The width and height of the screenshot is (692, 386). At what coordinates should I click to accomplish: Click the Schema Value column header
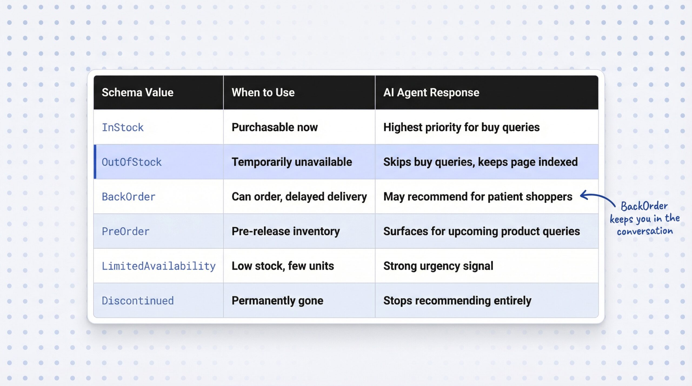click(137, 93)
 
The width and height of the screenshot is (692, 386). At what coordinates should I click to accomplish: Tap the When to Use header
click(263, 93)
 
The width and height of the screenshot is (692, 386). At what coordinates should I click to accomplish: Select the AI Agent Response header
click(431, 93)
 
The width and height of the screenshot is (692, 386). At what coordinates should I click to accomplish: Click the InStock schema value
click(122, 127)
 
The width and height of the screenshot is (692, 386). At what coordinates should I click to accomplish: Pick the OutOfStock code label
click(132, 162)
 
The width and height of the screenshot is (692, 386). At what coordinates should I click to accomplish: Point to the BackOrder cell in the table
click(129, 197)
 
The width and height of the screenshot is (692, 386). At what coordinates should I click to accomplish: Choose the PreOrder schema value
click(125, 231)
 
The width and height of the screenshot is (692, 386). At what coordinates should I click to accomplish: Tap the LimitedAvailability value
click(159, 266)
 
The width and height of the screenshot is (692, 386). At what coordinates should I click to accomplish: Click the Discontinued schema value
click(138, 301)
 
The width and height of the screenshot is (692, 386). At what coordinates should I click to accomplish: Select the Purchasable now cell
click(275, 127)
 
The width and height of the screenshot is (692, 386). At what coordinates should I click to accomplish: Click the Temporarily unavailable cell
click(292, 162)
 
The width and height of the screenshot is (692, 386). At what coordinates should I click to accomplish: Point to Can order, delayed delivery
click(299, 197)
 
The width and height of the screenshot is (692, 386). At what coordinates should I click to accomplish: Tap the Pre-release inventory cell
click(286, 231)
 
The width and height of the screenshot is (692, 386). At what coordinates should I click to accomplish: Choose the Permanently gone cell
click(277, 301)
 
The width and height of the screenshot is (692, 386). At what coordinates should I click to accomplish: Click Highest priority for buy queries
click(461, 127)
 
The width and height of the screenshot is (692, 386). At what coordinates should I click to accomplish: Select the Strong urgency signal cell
click(438, 266)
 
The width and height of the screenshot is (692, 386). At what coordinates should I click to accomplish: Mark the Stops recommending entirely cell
click(457, 301)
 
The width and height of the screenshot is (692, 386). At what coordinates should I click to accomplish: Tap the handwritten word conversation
click(645, 231)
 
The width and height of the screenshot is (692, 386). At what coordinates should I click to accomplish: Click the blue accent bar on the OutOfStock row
click(95, 162)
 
